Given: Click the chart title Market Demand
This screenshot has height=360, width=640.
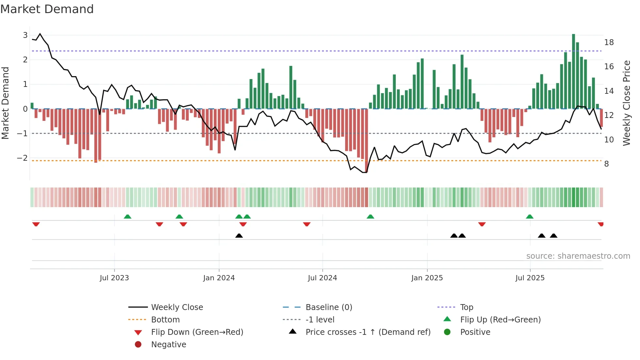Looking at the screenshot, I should tap(47, 9).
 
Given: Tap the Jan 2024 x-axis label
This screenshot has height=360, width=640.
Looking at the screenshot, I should tap(219, 278).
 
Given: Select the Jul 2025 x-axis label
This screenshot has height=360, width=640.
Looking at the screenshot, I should tap(530, 278).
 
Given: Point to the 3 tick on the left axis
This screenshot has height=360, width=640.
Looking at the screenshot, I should tap(25, 35).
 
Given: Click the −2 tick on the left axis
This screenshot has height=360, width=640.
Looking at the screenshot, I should tap(22, 158).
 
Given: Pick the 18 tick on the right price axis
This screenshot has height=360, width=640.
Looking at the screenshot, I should tap(609, 42).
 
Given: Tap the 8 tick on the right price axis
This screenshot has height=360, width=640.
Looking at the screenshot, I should tap(606, 164).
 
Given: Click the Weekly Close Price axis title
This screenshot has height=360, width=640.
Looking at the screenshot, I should tap(626, 103).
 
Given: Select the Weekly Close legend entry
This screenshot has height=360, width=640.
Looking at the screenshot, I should tap(177, 307).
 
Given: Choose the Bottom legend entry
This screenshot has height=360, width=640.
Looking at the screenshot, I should tap(165, 320).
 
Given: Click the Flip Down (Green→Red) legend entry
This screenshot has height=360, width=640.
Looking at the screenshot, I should tap(197, 332).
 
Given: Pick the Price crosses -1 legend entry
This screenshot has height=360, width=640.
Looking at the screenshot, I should tap(368, 332).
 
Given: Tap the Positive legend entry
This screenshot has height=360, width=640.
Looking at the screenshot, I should tap(475, 332).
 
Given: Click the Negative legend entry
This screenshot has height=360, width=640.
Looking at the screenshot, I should tap(168, 345).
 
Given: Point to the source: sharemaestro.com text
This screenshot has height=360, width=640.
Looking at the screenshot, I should tap(578, 256).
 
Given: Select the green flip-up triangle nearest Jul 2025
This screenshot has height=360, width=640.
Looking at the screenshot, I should tap(530, 217).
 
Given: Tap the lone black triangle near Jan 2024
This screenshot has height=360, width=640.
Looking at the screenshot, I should tap(239, 236).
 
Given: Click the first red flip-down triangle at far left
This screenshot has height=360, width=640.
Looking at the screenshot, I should tap(36, 224).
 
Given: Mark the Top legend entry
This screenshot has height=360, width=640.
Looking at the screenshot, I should tap(466, 307).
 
